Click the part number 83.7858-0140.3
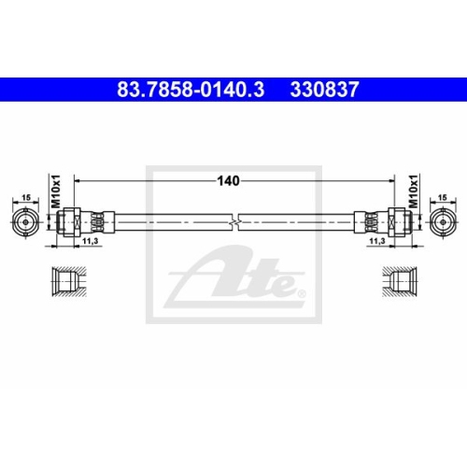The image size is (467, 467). tap(191, 90)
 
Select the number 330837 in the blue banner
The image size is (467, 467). tap(324, 90)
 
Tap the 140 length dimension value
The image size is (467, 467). tap(228, 181)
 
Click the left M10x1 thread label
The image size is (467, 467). tap(56, 191)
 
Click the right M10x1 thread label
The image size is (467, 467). tap(413, 191)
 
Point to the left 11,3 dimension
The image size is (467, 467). tap(90, 241)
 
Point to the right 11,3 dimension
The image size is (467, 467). tap(377, 241)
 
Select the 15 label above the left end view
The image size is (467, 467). tap(26, 197)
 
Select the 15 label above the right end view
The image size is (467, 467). tap(442, 197)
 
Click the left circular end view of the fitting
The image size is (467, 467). tap(26, 222)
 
